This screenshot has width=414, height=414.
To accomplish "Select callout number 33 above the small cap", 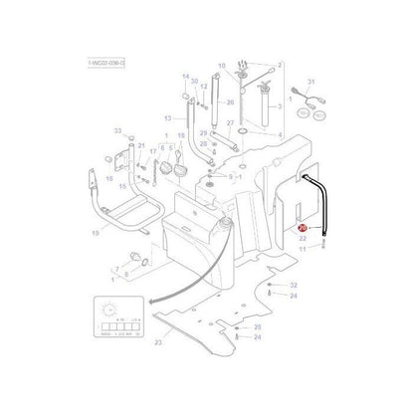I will tap(116, 131).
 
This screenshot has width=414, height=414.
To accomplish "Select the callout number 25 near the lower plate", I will tap(258, 327).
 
